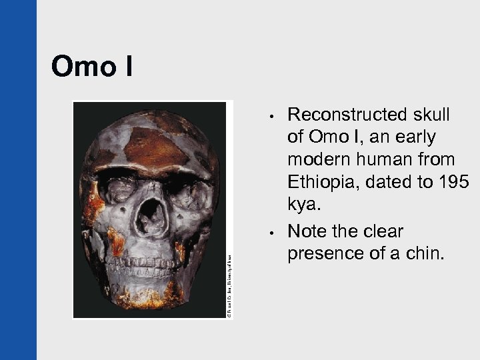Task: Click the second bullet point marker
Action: (x=265, y=234)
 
